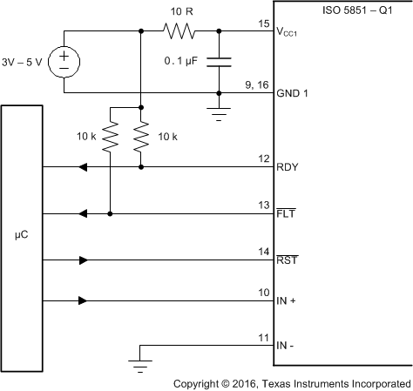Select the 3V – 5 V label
(26, 61)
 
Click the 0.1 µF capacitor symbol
(219, 61)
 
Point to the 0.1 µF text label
(184, 62)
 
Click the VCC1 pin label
(292, 32)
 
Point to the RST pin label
(288, 259)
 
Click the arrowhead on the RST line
(84, 259)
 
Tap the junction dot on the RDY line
(140, 166)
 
